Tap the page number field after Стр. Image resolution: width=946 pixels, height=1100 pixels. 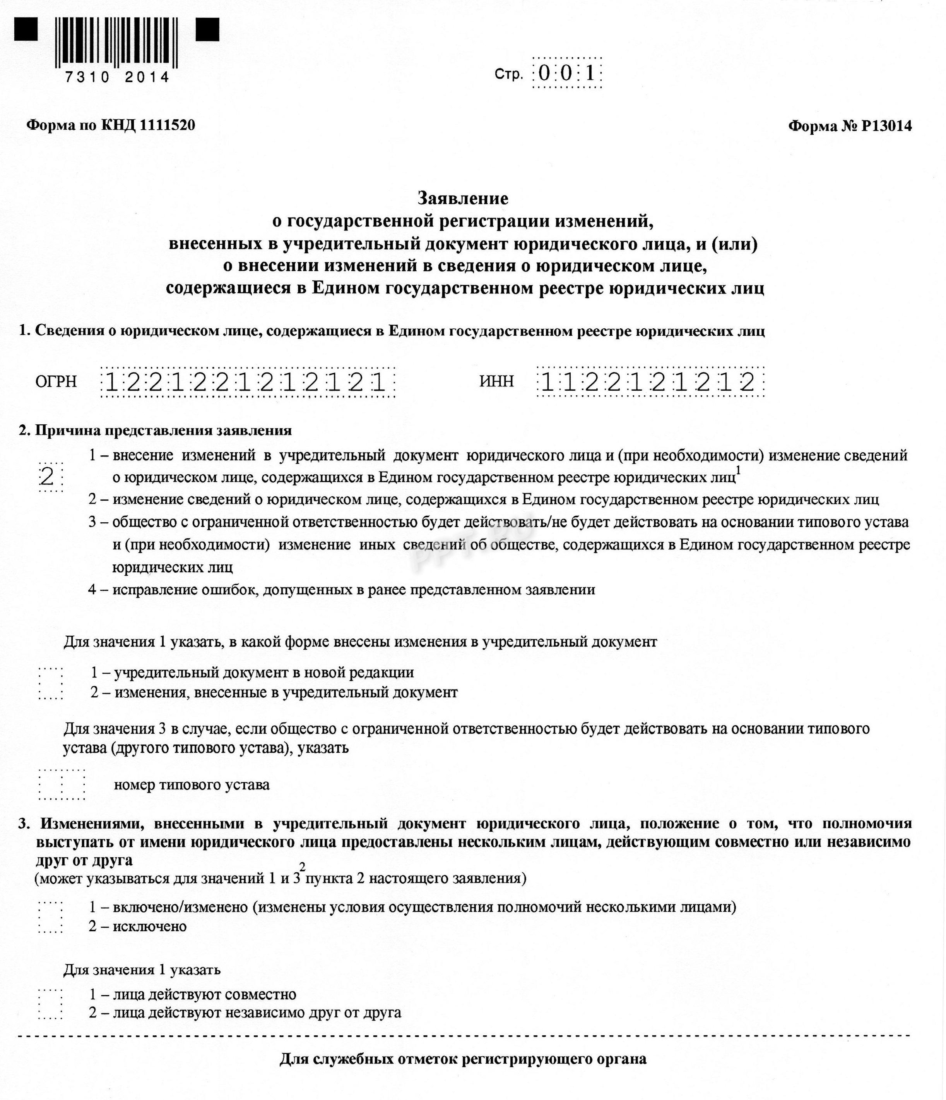567,73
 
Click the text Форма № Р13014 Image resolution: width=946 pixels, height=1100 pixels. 850,126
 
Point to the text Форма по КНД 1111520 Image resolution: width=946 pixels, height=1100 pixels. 111,125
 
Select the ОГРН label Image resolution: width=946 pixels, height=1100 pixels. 56,381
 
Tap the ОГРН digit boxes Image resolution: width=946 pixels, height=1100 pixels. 248,382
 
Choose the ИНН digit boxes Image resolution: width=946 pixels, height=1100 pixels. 650,382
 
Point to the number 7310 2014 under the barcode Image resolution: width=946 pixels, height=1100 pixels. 117,77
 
